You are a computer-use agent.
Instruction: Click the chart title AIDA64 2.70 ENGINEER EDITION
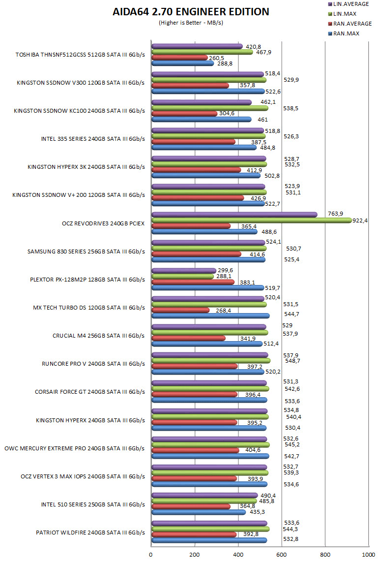[x=191, y=12]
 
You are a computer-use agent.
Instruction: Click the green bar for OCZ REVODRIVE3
[x=251, y=220]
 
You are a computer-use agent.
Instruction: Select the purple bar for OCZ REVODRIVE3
[x=234, y=214]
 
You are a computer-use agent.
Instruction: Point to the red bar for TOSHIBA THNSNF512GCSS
[x=179, y=58]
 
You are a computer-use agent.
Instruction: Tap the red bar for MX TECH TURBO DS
[x=180, y=310]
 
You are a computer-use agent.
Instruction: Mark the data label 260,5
[x=216, y=58]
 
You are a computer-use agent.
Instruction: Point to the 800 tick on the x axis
[x=325, y=555]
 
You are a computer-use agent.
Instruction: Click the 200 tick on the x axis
[x=195, y=555]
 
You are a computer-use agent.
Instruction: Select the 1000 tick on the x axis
[x=368, y=555]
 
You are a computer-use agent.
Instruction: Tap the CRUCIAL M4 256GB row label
[x=98, y=336]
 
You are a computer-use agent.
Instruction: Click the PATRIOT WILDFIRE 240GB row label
[x=90, y=533]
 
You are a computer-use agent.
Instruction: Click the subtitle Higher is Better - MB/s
[x=191, y=23]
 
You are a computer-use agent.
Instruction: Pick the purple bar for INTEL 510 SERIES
[x=205, y=495]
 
